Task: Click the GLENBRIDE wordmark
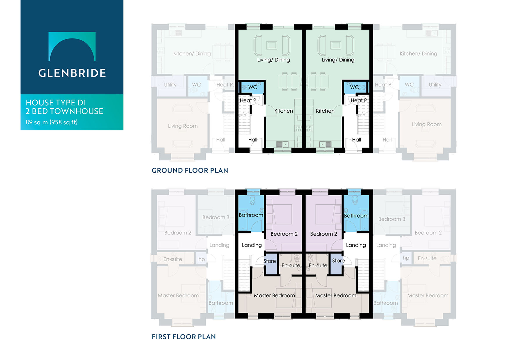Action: [x=72, y=73]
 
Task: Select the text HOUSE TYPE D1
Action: [x=56, y=103]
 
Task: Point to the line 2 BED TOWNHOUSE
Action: [x=64, y=111]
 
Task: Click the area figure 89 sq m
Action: [x=37, y=122]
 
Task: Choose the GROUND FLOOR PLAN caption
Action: [x=190, y=171]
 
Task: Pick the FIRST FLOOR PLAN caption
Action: [x=184, y=337]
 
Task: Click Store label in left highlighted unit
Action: [x=270, y=261]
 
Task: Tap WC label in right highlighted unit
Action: [x=354, y=87]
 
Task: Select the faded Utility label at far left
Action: [x=170, y=85]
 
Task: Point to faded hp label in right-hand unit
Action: [x=406, y=258]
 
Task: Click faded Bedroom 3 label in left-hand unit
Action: [x=216, y=217]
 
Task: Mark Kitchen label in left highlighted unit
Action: [x=284, y=111]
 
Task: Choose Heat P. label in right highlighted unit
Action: [x=359, y=100]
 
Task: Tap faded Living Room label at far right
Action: [x=427, y=124]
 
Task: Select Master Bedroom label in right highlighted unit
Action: [x=336, y=295]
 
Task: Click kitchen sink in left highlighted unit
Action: [x=282, y=144]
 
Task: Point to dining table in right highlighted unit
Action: [x=318, y=81]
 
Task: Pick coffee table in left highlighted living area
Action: [x=272, y=45]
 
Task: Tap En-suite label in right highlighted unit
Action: [x=318, y=265]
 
